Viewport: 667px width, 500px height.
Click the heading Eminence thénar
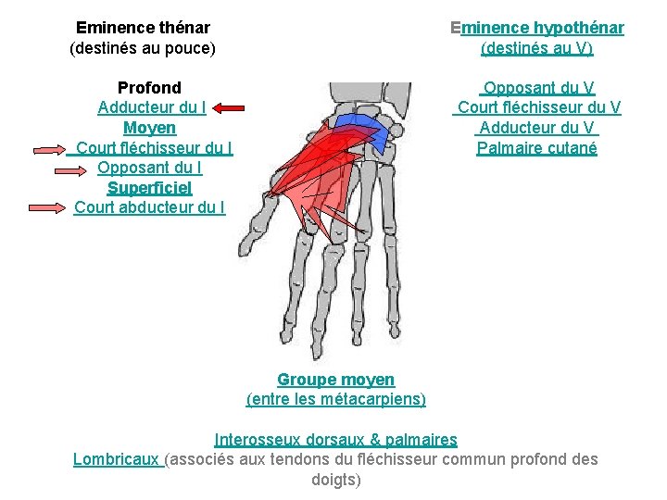click(143, 28)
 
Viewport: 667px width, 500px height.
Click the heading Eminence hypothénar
click(536, 28)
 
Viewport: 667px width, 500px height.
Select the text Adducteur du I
click(151, 107)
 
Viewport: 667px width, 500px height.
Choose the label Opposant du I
click(149, 168)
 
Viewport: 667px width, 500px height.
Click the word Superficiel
click(149, 187)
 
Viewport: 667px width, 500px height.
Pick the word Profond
click(149, 88)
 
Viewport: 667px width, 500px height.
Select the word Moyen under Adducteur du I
click(149, 128)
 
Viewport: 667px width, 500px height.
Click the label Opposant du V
click(537, 88)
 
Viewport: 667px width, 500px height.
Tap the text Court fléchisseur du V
click(537, 107)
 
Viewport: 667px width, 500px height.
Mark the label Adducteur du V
click(537, 128)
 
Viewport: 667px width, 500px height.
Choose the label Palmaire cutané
click(537, 148)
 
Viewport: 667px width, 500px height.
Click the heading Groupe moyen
click(335, 380)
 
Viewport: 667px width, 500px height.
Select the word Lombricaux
click(118, 459)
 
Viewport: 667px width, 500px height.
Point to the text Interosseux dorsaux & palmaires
click(335, 439)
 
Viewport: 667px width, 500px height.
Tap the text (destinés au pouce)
click(143, 48)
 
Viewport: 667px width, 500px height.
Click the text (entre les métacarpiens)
click(335, 399)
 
